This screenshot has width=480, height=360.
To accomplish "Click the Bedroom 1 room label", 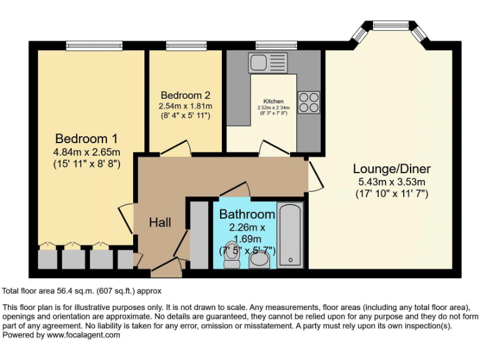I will pos(86,138).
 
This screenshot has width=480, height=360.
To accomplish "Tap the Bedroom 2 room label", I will pos(185,96).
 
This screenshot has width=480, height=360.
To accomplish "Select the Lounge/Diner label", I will pos(391,169).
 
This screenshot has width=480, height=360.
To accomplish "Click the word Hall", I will pos(160,222).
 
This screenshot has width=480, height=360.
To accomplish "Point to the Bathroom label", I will pos(247,214).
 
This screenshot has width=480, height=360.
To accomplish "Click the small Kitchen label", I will pos(273,101).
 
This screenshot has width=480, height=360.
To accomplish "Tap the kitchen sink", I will pos(267,62).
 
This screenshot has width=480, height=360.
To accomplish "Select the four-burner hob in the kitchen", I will pos(309,102).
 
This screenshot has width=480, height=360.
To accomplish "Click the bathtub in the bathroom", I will pos(290,235).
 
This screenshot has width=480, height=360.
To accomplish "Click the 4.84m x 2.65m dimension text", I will pos(86,152).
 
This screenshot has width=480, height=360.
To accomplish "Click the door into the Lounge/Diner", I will pos(316,175).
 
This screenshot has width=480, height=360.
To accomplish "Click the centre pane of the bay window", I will pos(390,26).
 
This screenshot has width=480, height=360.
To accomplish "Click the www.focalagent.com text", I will pos(83,335).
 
